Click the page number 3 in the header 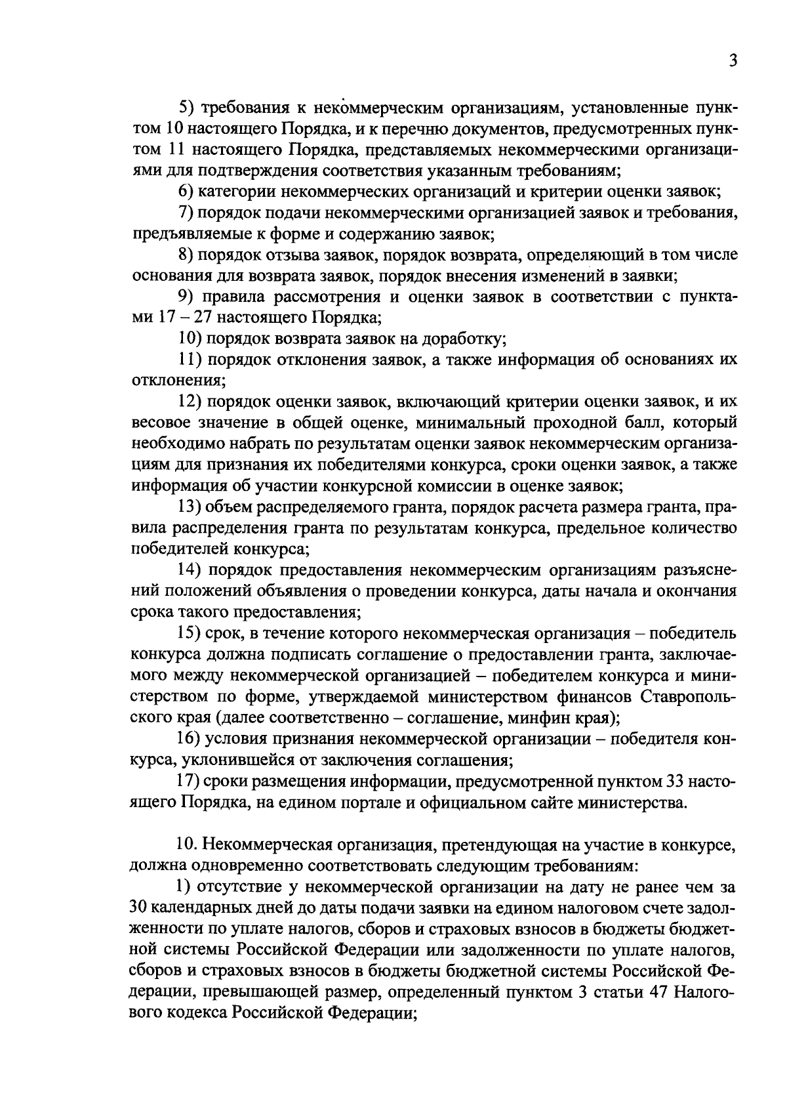tap(733, 60)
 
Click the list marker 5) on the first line tap(187, 107)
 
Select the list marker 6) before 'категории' tap(187, 192)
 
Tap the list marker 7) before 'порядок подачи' tap(187, 213)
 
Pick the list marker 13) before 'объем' tap(191, 507)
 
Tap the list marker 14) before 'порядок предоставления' tap(191, 570)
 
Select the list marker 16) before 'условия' tap(191, 739)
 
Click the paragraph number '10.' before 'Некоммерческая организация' tap(187, 844)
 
